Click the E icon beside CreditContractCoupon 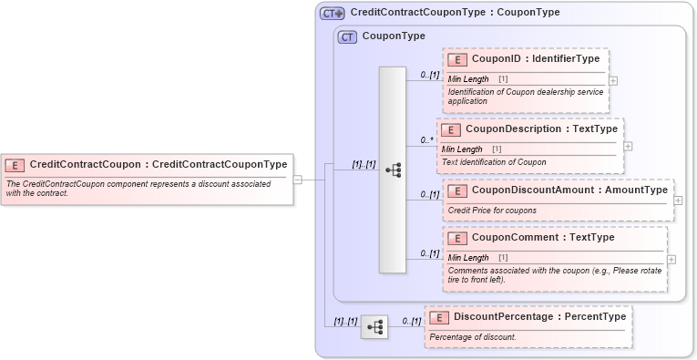coord(15,165)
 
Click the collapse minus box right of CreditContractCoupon coord(298,180)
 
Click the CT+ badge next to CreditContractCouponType coord(332,13)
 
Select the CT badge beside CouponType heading coord(347,37)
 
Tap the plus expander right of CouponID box coord(613,80)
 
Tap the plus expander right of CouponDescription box coord(629,146)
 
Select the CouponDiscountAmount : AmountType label coord(569,190)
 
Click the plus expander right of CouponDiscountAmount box coord(678,201)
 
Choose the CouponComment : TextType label coord(543,238)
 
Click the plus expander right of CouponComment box coord(671,259)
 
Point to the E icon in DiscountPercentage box coord(439,317)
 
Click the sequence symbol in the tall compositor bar coord(393,170)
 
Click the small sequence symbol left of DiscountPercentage coord(374,326)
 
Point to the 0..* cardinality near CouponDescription coord(426,140)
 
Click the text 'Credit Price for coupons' coord(492,211)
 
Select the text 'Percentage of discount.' coord(473,337)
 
